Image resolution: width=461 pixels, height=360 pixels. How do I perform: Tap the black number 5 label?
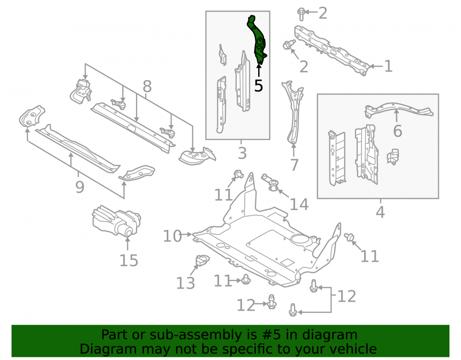click(x=259, y=86)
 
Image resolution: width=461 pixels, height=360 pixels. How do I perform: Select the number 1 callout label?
click(x=388, y=66)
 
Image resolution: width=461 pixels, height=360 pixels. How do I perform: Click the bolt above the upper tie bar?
click(x=301, y=14)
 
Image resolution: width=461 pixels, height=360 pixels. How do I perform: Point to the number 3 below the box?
click(x=242, y=153)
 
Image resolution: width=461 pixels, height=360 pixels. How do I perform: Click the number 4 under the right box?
click(x=380, y=212)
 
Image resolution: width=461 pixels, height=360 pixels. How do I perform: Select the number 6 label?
click(x=397, y=131)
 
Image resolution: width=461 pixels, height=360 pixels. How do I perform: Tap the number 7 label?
click(x=294, y=165)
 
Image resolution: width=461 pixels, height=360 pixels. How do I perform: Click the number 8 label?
click(x=147, y=86)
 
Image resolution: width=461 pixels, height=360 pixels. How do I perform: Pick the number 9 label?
click(x=80, y=187)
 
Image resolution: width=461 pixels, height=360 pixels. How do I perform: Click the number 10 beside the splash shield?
click(x=172, y=236)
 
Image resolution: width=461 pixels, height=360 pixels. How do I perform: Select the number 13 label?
click(x=185, y=283)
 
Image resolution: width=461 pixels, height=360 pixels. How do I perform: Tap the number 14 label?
click(x=299, y=204)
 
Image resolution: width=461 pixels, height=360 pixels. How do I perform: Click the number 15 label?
click(x=129, y=260)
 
